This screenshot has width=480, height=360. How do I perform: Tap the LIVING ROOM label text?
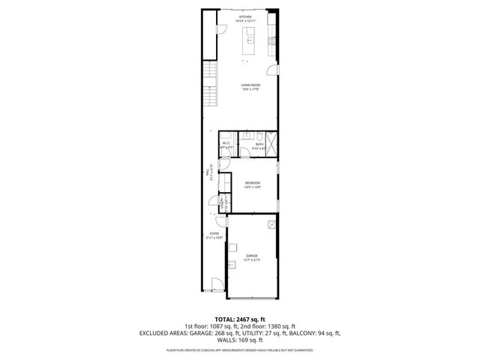250,85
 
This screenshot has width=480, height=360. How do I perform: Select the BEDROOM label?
252,183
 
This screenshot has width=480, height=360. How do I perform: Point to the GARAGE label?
252,256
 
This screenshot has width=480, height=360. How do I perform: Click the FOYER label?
214,234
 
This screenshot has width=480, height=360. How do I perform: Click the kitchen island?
250,40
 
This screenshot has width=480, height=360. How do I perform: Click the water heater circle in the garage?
271,223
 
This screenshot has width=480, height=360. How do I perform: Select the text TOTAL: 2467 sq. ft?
239,319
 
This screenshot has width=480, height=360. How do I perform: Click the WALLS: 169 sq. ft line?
239,340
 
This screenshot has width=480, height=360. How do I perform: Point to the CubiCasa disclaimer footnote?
239,349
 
